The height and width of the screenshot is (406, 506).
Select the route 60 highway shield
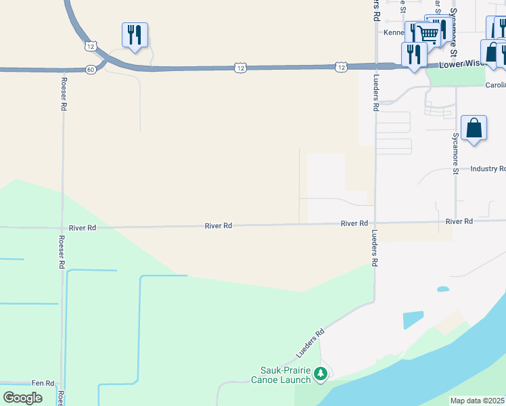(91, 69)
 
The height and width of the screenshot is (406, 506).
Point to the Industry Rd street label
(488, 168)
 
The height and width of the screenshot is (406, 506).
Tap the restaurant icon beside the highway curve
(135, 35)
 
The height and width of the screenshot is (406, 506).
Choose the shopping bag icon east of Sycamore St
(474, 127)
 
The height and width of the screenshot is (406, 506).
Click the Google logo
(22, 398)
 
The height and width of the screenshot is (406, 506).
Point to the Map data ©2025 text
(478, 401)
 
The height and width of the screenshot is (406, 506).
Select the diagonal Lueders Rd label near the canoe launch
(310, 344)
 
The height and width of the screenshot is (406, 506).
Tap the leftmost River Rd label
(82, 228)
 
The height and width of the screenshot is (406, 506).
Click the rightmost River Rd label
(459, 221)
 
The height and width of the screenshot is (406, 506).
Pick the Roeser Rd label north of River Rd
(62, 97)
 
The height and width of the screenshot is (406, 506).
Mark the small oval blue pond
(443, 289)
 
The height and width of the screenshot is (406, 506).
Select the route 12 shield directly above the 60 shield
(90, 46)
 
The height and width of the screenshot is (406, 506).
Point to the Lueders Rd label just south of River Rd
(374, 249)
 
